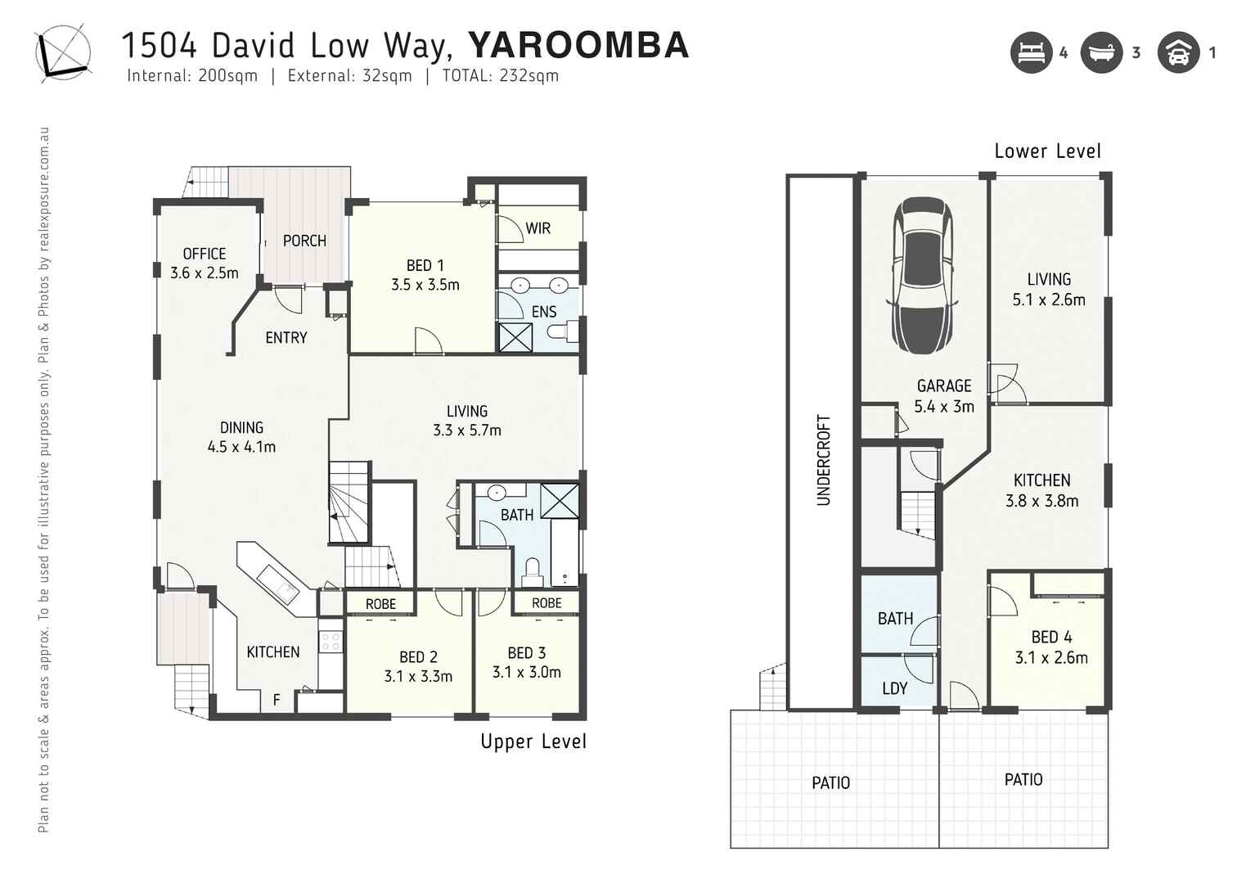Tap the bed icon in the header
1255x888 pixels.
coord(1031,53)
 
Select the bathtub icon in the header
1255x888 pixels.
coord(1101,53)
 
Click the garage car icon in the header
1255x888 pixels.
coord(1178,53)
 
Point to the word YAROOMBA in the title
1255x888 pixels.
coord(578,46)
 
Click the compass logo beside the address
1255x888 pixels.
coord(62,52)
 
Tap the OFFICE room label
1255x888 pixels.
coord(204,254)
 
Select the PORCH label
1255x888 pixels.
coord(304,241)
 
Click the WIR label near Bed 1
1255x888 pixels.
coord(538,228)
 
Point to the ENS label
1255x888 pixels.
coord(544,312)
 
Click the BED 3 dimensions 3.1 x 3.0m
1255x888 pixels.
coord(526,672)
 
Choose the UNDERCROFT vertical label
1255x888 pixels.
coord(824,460)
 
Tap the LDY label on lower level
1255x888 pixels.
coord(894,688)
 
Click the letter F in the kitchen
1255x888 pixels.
coord(277,700)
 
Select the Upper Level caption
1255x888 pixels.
coord(533,742)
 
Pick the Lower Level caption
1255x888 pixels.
coord(1047,151)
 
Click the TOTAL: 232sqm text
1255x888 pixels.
coord(500,76)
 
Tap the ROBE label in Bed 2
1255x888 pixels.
coord(380,604)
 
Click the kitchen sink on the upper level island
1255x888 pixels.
coord(279,584)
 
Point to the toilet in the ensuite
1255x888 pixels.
coord(560,331)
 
